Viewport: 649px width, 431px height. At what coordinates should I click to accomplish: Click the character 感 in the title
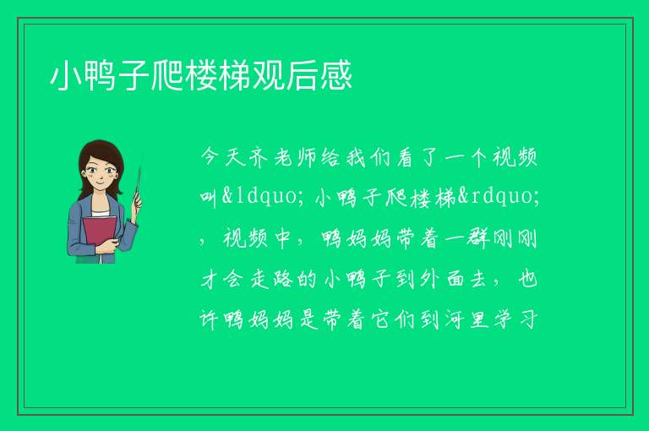pyautogui.click(x=335, y=76)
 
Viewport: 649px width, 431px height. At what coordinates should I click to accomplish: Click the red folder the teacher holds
pyautogui.click(x=100, y=235)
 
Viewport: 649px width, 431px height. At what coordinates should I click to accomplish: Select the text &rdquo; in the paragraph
pyautogui.click(x=499, y=195)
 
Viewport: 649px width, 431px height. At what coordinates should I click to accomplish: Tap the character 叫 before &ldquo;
pyautogui.click(x=210, y=197)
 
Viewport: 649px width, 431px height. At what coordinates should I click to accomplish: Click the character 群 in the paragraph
pyautogui.click(x=479, y=239)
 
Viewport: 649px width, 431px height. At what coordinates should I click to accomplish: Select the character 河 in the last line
pyautogui.click(x=455, y=319)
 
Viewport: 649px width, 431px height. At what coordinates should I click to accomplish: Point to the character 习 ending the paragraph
pyautogui.click(x=528, y=319)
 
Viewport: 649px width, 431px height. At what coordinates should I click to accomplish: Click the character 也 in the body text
pyautogui.click(x=528, y=279)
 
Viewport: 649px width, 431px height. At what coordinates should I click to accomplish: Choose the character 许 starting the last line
pyautogui.click(x=210, y=319)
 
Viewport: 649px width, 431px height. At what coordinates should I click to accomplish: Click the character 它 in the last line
pyautogui.click(x=381, y=319)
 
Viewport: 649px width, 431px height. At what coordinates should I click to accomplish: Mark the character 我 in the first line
pyautogui.click(x=357, y=157)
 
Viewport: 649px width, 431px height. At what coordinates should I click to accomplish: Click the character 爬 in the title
pyautogui.click(x=166, y=76)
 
